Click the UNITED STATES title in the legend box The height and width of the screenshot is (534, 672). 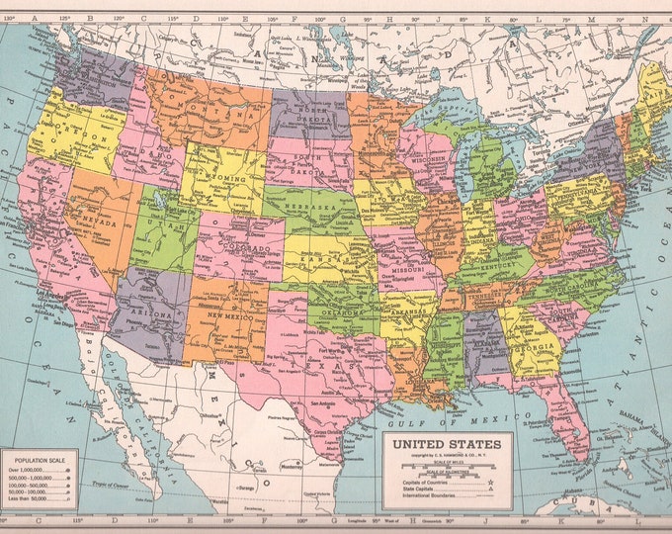pyautogui.click(x=448, y=444)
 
